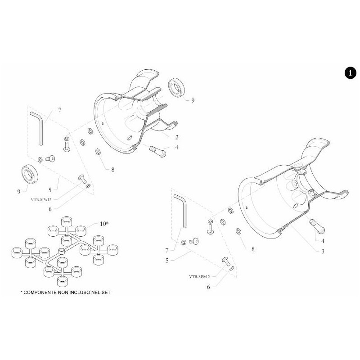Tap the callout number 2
click(x=177, y=136)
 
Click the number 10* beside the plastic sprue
click(x=103, y=224)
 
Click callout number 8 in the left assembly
click(x=113, y=170)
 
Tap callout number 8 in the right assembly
click(x=253, y=248)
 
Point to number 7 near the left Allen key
click(x=59, y=110)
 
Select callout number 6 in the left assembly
click(x=50, y=209)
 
